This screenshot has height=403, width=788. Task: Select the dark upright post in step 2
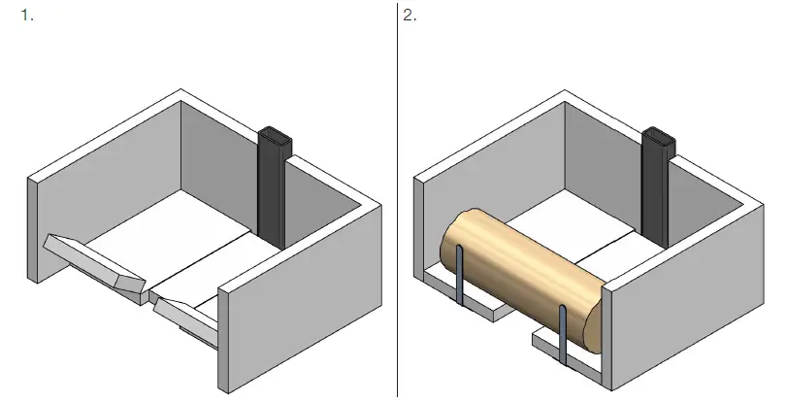tap(656, 189)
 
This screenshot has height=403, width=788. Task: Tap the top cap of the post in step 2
tap(659, 136)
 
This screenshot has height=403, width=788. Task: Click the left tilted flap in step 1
tap(92, 259)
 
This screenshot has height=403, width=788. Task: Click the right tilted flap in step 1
tap(184, 316)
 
